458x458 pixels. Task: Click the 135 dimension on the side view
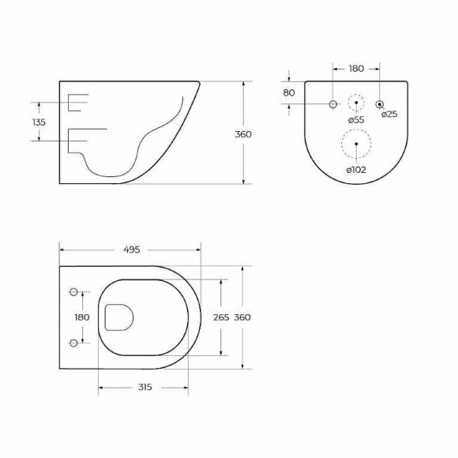coord(39,122)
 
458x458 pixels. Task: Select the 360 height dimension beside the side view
coord(243,134)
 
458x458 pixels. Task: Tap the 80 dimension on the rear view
coord(289,92)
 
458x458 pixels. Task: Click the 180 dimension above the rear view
coord(356,69)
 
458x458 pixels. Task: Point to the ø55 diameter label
coord(355,119)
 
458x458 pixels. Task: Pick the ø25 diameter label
coord(389,114)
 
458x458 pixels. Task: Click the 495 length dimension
coord(131,250)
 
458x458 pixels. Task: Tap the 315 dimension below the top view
coord(144,388)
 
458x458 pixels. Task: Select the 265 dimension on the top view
coord(221,317)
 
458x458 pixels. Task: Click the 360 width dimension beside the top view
coord(242,317)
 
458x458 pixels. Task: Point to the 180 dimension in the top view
coord(81,317)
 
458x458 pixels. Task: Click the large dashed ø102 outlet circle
coord(356,144)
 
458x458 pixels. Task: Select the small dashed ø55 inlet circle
coord(356,103)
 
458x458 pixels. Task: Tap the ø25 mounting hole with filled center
coord(380,104)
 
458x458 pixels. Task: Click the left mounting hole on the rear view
coord(332,104)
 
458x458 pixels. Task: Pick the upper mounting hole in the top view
coord(75,293)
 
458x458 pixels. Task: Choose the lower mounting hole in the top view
coord(75,342)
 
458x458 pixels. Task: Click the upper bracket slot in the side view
coord(79,103)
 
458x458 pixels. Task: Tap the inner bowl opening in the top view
coord(118,317)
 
